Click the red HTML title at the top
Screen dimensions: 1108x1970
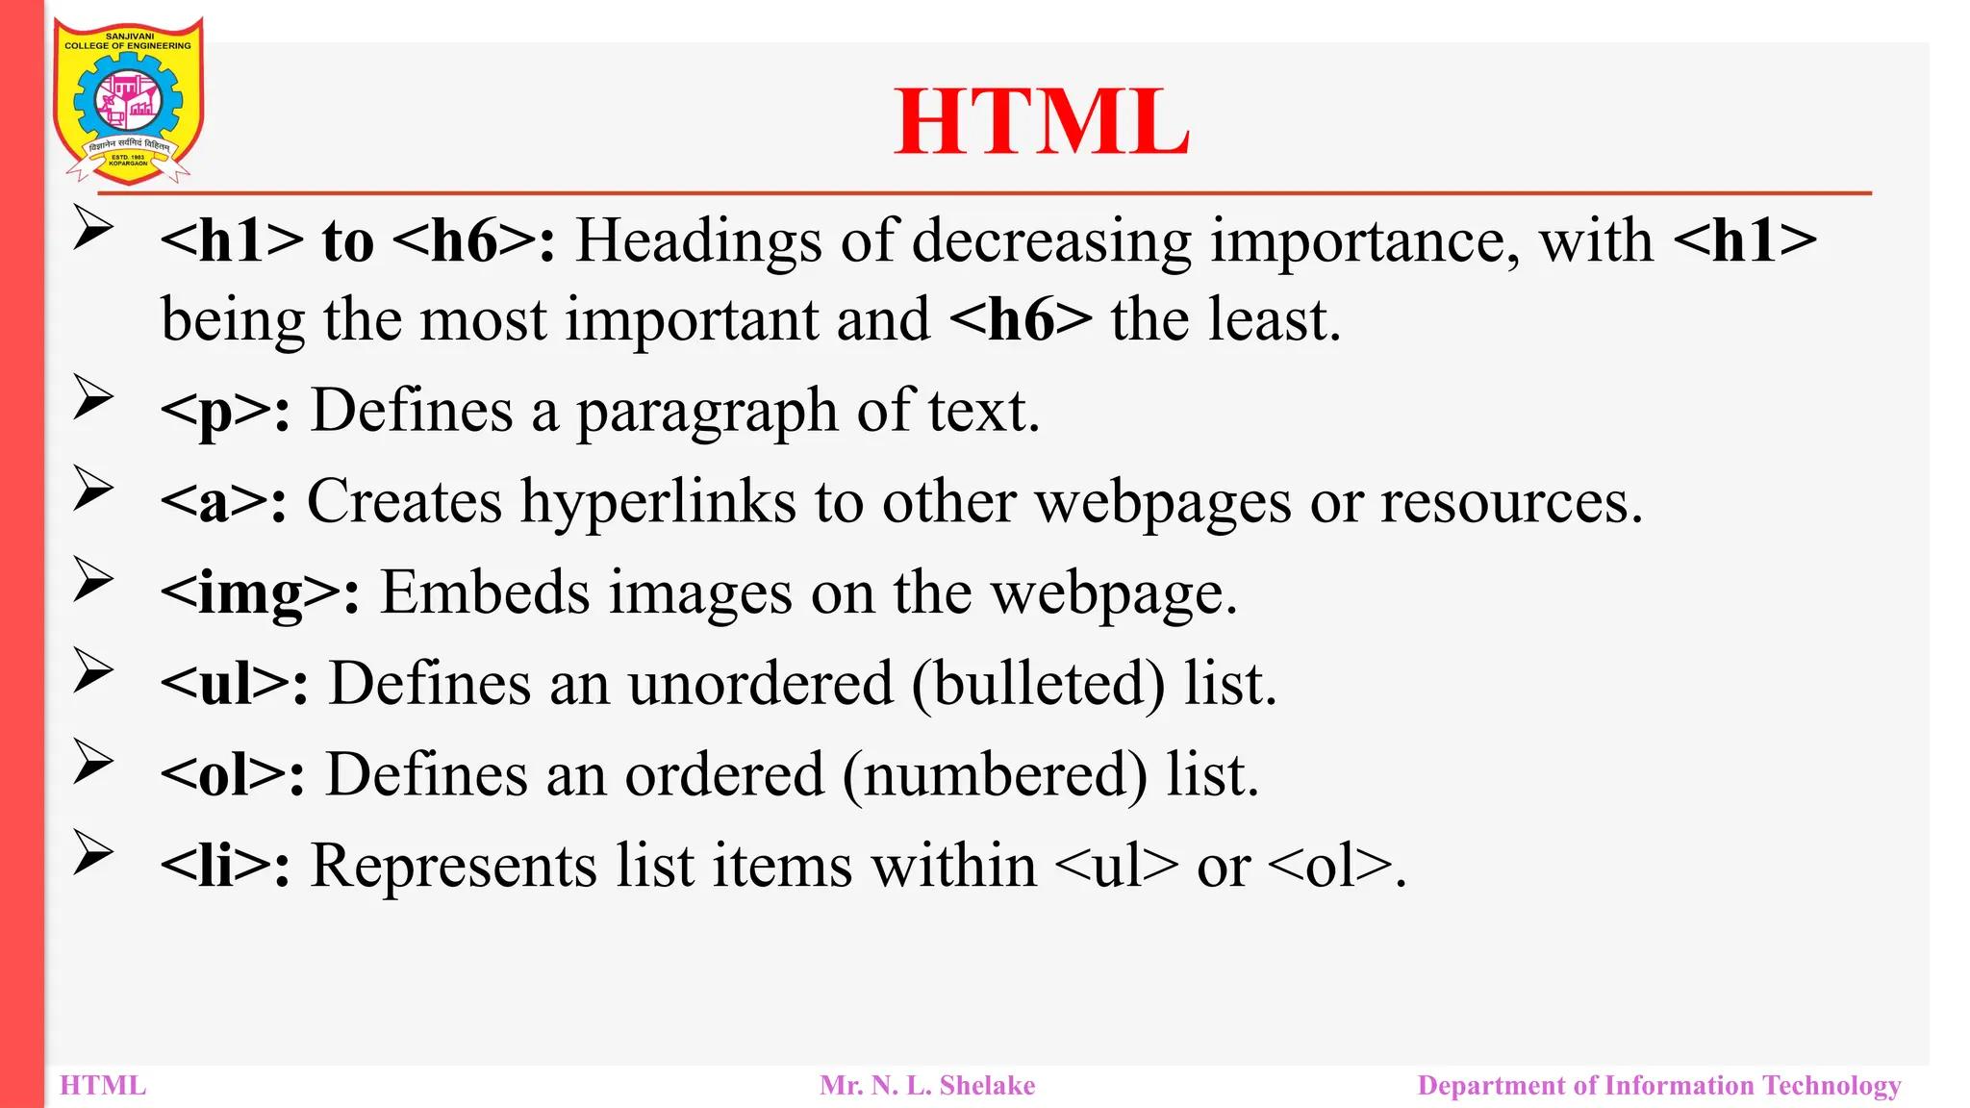1042,122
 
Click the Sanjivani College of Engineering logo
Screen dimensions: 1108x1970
128,101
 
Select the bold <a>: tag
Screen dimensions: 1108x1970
223,502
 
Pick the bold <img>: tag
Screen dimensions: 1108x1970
260,593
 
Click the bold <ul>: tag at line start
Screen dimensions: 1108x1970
235,684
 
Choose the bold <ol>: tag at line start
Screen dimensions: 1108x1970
233,774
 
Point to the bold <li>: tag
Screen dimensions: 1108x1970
225,866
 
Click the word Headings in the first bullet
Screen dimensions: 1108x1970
698,240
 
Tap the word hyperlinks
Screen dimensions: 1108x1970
659,502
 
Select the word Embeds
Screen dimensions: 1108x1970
485,592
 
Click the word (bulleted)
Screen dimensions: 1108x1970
1038,684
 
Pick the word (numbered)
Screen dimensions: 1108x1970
996,774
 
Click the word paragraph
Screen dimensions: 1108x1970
707,412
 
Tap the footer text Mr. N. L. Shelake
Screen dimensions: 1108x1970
927,1086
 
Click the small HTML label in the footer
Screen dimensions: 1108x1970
103,1086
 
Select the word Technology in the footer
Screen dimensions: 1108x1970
1831,1086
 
